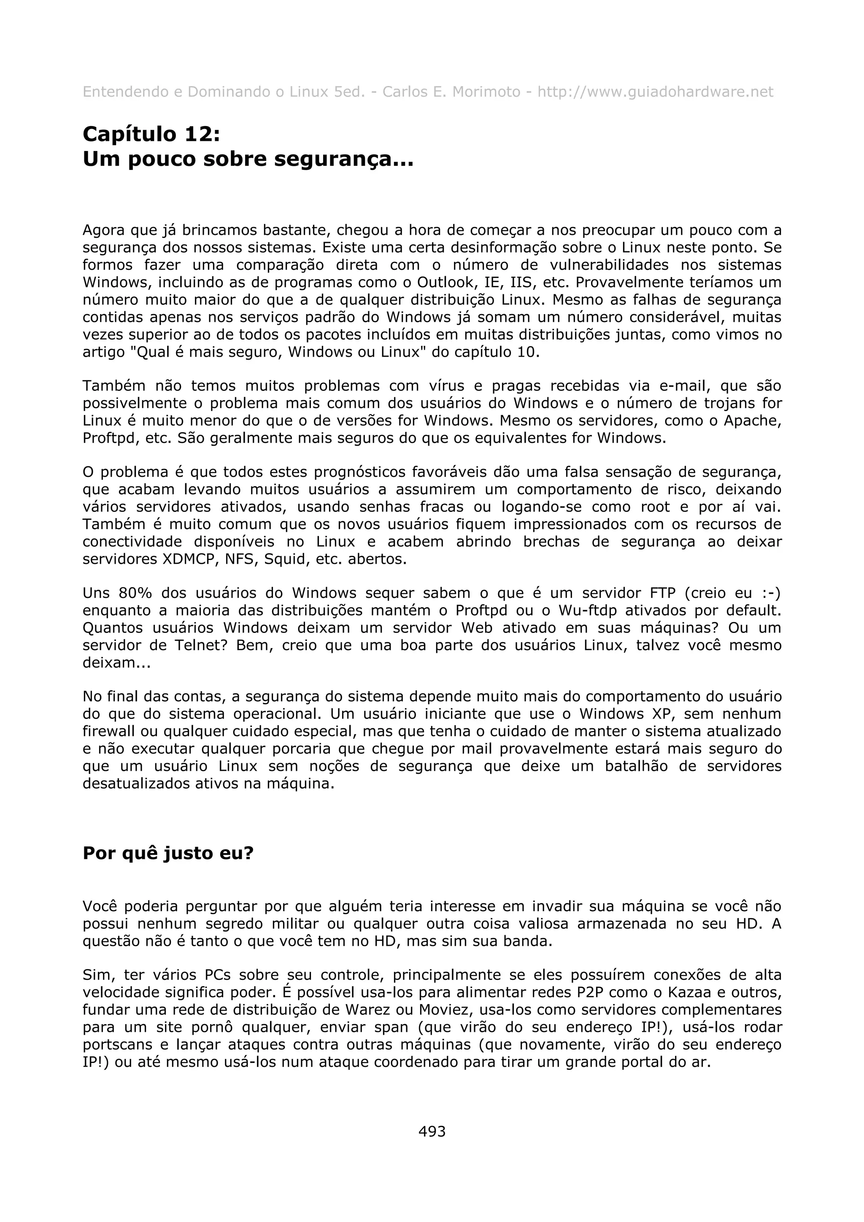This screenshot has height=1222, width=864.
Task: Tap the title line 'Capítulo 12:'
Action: (151, 134)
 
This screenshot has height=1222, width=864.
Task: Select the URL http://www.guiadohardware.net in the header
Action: (655, 92)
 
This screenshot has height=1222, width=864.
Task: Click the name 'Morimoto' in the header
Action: (486, 92)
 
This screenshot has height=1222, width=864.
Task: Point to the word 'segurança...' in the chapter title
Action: (344, 159)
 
